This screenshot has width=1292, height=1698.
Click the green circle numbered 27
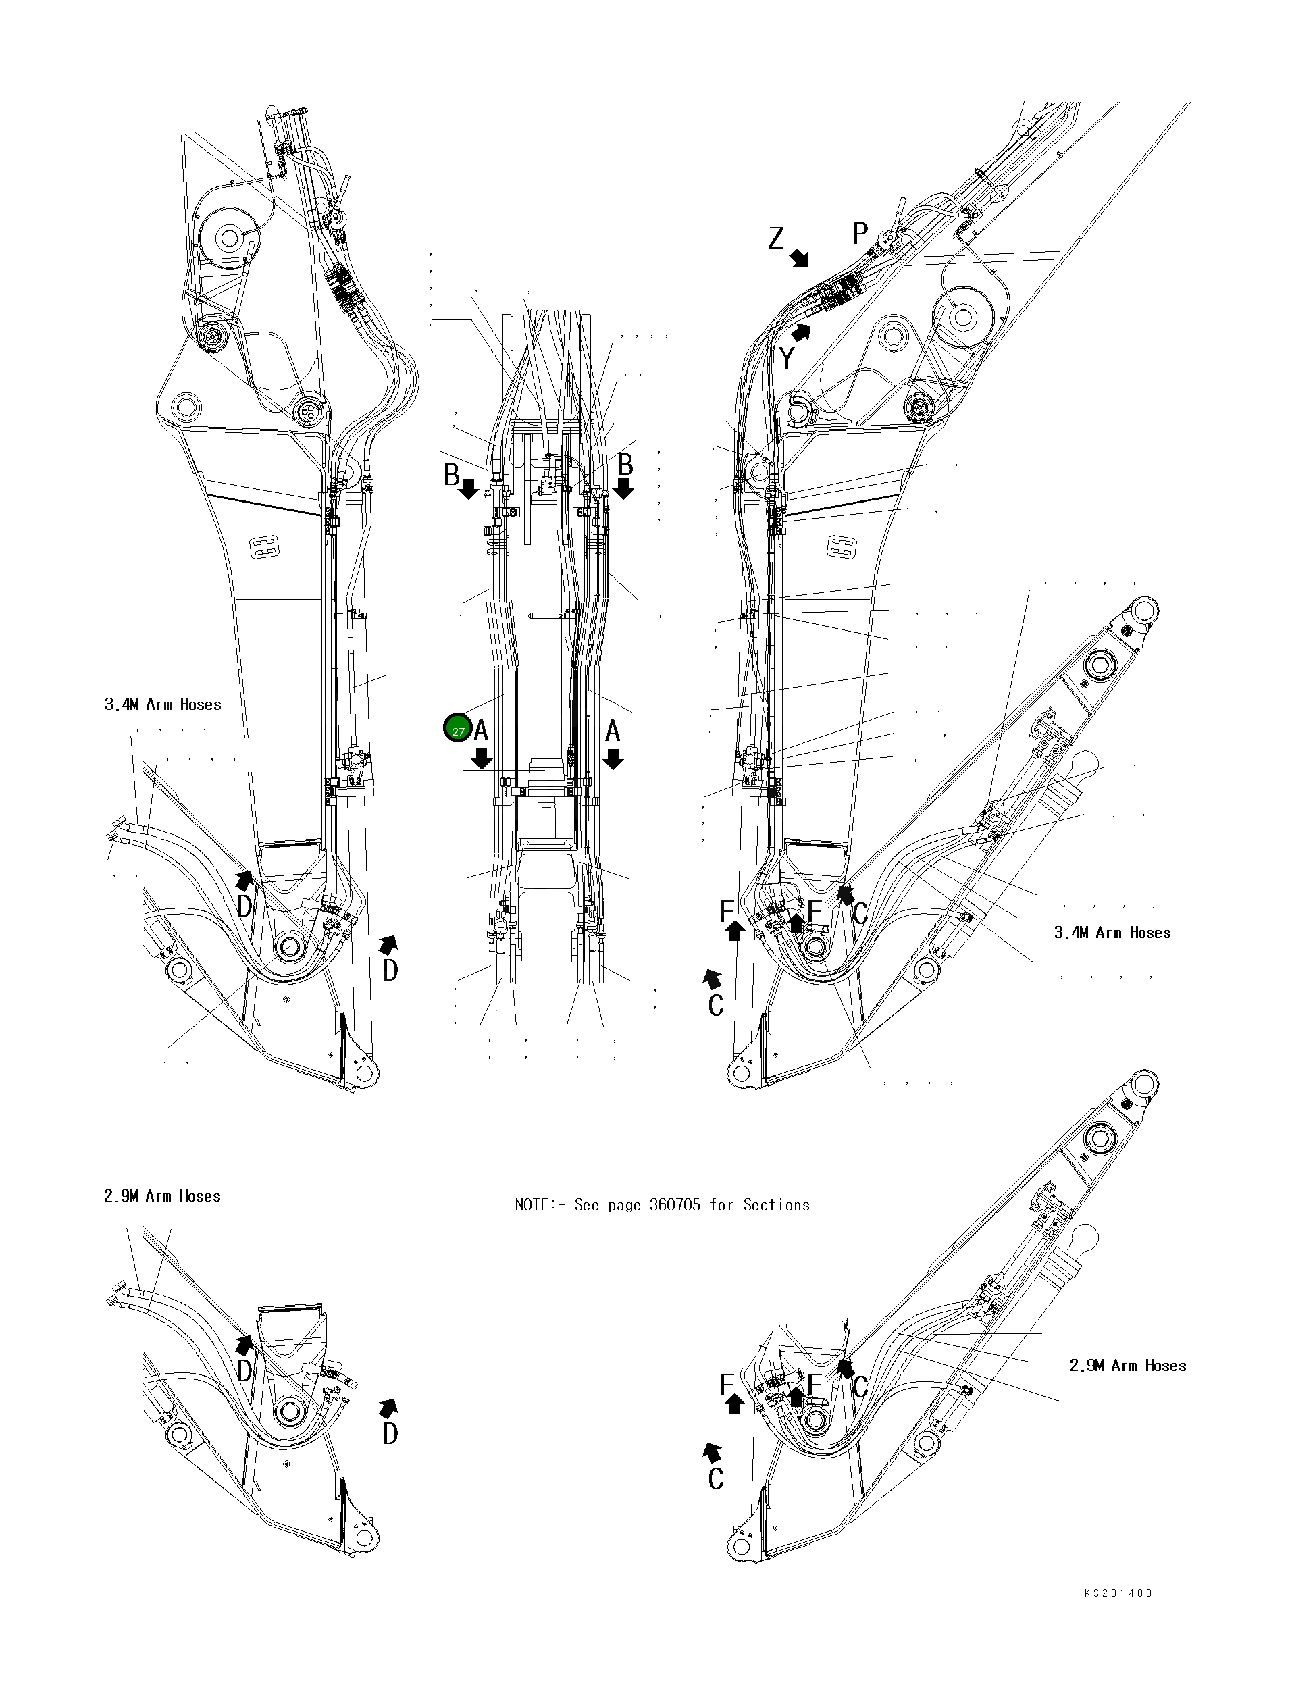point(458,728)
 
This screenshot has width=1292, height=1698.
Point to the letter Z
point(776,239)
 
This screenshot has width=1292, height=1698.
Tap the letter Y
point(787,359)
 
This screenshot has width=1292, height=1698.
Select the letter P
point(860,233)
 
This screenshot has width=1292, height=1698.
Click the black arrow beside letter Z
point(800,257)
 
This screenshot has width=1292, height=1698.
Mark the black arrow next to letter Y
point(802,332)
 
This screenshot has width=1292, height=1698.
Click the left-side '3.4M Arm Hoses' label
point(163,704)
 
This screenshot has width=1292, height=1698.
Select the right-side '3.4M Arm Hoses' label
point(1112,933)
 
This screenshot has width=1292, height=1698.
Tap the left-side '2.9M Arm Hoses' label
point(162,1196)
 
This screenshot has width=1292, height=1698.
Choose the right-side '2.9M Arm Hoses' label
point(1127,1366)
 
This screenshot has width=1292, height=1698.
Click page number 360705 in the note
point(675,1205)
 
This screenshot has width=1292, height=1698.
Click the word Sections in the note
point(776,1205)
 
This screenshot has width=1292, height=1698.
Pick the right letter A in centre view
point(613,730)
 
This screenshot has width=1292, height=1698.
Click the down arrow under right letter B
point(623,488)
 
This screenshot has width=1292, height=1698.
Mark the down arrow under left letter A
point(482,760)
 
